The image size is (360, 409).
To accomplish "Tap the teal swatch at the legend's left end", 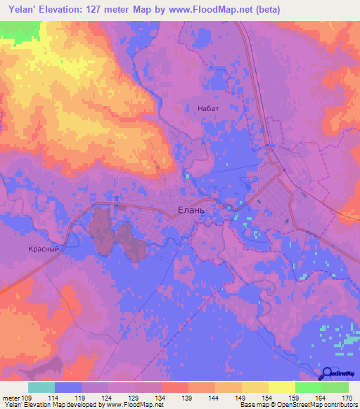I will tap(41, 387).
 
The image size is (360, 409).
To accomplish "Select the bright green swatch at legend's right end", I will tap(335, 387).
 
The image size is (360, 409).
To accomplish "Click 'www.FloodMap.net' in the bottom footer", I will tap(134, 405).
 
